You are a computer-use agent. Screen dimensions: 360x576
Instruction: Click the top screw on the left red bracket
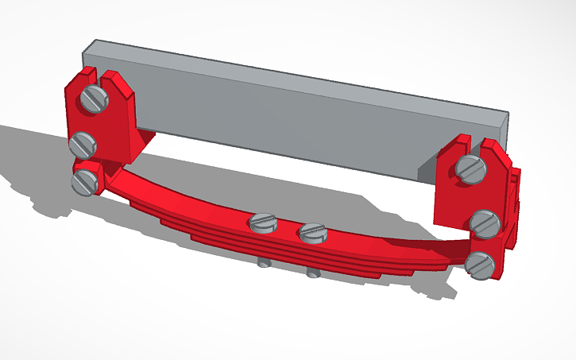coord(95,99)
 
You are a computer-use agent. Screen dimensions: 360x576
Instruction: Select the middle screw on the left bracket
coord(83,145)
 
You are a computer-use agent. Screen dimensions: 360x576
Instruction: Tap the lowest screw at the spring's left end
coord(84,181)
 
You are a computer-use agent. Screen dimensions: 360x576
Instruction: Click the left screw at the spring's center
coord(262,223)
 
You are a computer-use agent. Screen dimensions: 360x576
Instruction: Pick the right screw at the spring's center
coord(313,233)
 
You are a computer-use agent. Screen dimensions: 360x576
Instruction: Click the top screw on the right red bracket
coord(470,168)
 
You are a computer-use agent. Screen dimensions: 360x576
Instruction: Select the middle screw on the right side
coord(483,224)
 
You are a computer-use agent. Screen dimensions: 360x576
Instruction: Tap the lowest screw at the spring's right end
coord(480,264)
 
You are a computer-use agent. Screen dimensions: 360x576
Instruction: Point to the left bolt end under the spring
coord(262,261)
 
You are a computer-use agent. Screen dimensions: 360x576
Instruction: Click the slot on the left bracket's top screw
coord(95,99)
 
